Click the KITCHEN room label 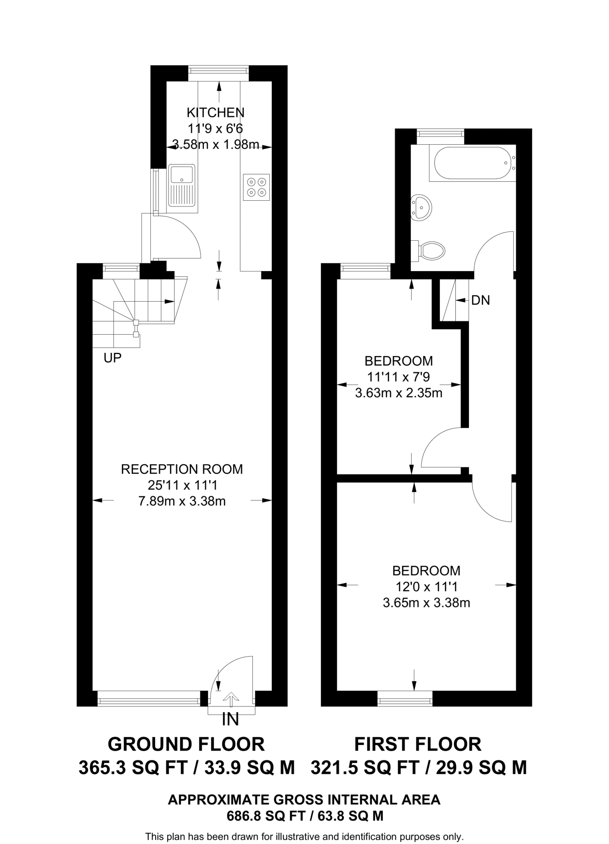pos(215,113)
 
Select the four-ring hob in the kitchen pos(256,187)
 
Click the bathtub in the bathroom pos(471,163)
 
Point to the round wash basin pos(421,207)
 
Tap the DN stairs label pos(481,300)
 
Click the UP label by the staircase pos(112,358)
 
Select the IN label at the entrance pos(230,720)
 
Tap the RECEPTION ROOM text pos(182,469)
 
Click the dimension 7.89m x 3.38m pos(182,502)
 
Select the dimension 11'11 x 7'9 pos(398,377)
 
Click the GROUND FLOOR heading pos(186,744)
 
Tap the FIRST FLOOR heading pos(418,744)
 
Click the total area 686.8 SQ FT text pos(305,816)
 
